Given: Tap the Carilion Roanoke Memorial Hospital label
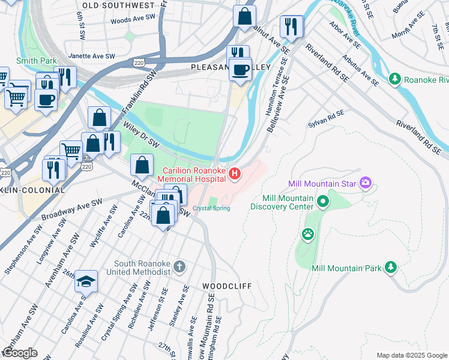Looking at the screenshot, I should [193, 175].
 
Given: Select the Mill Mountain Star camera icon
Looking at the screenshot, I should [365, 183].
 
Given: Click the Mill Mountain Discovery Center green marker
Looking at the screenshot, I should [324, 201].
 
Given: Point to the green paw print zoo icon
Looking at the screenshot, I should [308, 234].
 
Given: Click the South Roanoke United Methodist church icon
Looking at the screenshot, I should [178, 266].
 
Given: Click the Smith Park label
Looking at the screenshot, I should [37, 61].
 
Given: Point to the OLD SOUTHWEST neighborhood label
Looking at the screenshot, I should [118, 5].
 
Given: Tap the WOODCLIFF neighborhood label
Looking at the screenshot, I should [227, 286].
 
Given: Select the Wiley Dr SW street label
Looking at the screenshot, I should [141, 134].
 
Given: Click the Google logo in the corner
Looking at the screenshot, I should [20, 353].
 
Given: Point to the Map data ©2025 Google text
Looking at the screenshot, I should [411, 355].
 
